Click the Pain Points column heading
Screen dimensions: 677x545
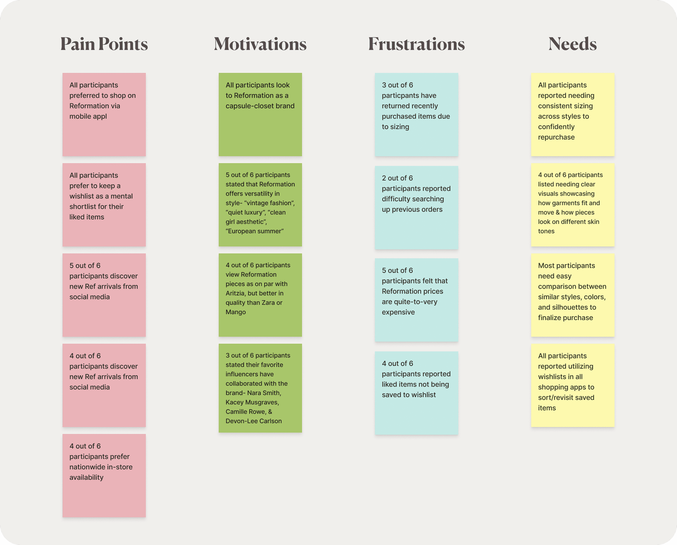tap(104, 44)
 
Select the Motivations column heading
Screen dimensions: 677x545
tap(260, 44)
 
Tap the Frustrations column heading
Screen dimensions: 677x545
tap(416, 44)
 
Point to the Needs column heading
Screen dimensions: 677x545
tap(572, 44)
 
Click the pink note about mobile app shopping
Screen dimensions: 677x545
tap(104, 114)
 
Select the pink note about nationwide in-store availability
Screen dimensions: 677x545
tap(104, 475)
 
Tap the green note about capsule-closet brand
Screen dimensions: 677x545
tap(260, 114)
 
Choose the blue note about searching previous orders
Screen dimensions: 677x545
tap(416, 208)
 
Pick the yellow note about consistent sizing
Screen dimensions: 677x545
tap(572, 114)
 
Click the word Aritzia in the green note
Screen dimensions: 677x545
tap(235, 293)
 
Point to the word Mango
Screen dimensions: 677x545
tap(236, 312)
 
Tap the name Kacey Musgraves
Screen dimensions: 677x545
tap(252, 402)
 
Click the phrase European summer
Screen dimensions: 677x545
tap(255, 231)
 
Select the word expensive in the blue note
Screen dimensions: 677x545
tap(398, 312)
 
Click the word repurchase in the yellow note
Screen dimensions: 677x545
tap(556, 137)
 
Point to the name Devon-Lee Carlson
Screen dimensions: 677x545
tap(253, 421)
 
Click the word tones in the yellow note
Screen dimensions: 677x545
tap(546, 231)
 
